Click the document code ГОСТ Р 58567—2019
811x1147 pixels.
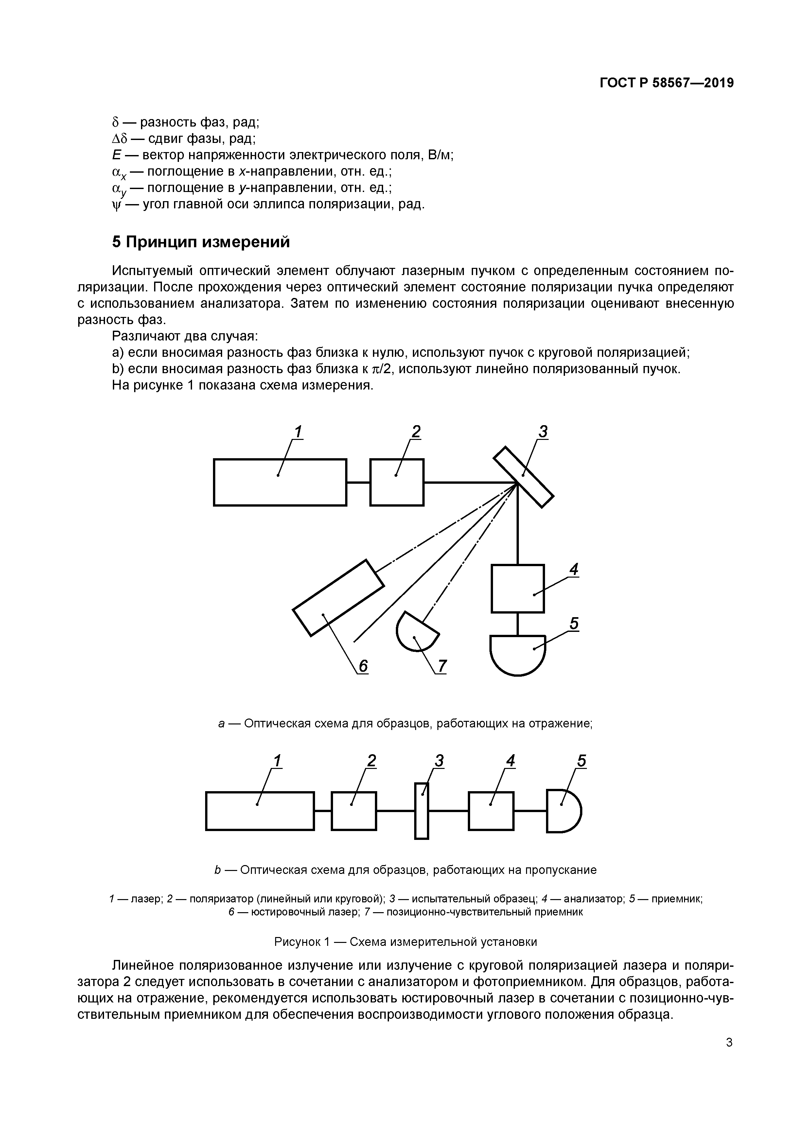coord(667,83)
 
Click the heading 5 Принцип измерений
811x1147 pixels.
coord(201,242)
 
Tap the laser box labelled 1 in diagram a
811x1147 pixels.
coord(280,482)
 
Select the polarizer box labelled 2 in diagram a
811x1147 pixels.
coord(397,482)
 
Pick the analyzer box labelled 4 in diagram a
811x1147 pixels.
coord(518,588)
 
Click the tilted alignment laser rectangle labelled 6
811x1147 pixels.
coord(338,598)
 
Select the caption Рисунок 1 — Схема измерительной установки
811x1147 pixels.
coord(406,942)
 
